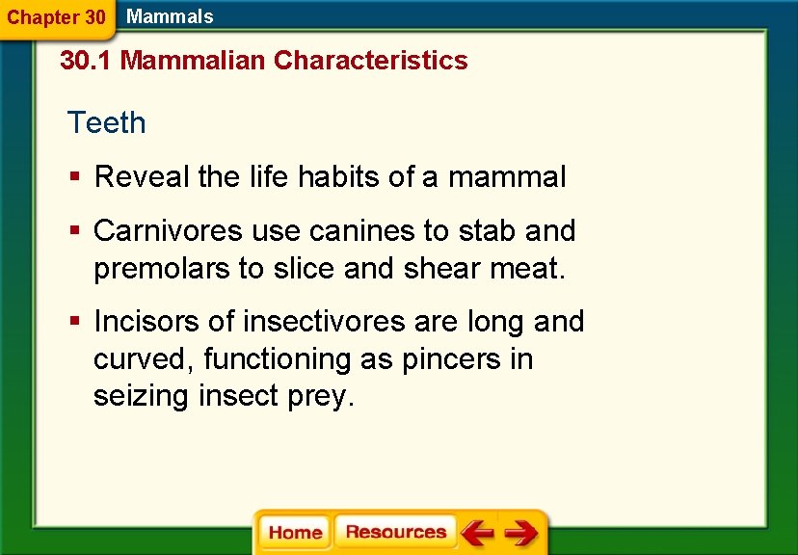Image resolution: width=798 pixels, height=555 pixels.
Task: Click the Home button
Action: [x=295, y=533]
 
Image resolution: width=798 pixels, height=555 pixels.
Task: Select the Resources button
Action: [x=395, y=533]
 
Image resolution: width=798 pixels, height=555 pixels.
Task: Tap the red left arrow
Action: [x=476, y=533]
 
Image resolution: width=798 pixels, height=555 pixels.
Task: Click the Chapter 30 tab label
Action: [x=56, y=17]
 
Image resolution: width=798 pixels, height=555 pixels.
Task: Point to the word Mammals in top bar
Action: [x=170, y=16]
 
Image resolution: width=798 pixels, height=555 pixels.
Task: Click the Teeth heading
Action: [x=106, y=123]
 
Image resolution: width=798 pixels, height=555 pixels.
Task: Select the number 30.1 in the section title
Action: [x=86, y=61]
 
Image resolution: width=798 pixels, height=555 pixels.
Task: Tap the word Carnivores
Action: [x=168, y=231]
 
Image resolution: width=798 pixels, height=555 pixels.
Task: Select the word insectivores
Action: [x=327, y=321]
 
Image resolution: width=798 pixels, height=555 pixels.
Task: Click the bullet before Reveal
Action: [x=75, y=177]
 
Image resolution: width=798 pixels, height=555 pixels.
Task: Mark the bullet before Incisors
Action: [x=75, y=321]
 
